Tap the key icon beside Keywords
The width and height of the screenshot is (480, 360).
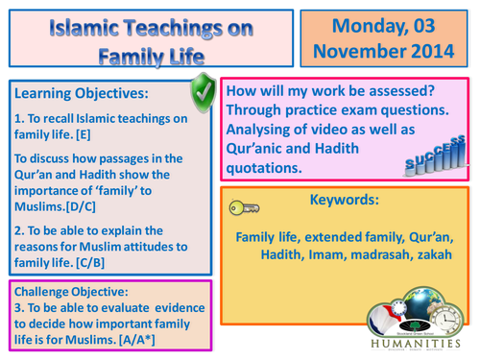coord(244,205)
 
